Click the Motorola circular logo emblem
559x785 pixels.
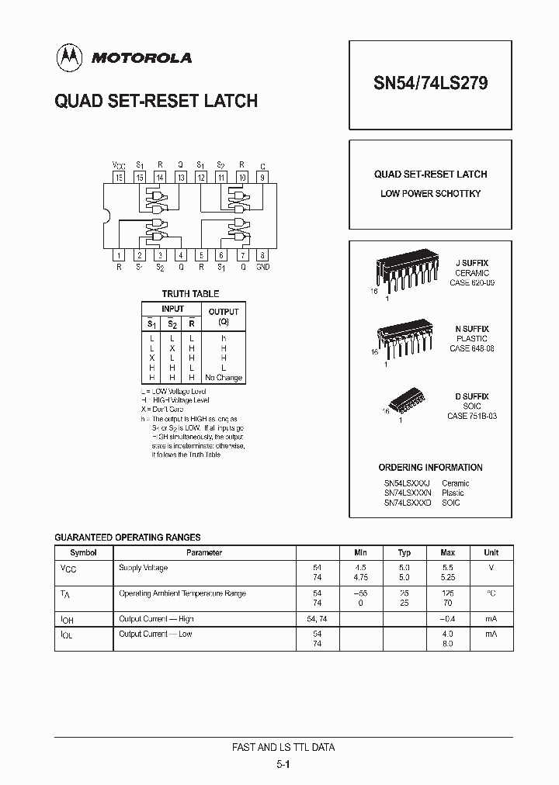pyautogui.click(x=69, y=56)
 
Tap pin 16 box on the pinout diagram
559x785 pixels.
pyautogui.click(x=119, y=177)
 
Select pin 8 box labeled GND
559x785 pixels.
pyautogui.click(x=262, y=254)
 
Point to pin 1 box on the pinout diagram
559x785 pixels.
pyautogui.click(x=119, y=254)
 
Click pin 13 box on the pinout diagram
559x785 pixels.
pyautogui.click(x=180, y=177)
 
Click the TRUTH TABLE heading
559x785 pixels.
pyautogui.click(x=190, y=294)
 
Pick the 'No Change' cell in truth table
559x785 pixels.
pyautogui.click(x=224, y=378)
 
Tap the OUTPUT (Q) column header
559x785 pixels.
pyautogui.click(x=224, y=316)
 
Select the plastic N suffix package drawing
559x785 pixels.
pyautogui.click(x=404, y=339)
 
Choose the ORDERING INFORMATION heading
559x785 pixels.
pyautogui.click(x=430, y=468)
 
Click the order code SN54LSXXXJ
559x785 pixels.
pyautogui.click(x=407, y=483)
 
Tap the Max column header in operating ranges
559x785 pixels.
pyautogui.click(x=447, y=553)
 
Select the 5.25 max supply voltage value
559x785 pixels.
pyautogui.click(x=447, y=578)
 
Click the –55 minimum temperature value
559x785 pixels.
pyautogui.click(x=360, y=593)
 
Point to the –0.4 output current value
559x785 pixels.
pyautogui.click(x=447, y=619)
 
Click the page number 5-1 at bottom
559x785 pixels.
pyautogui.click(x=283, y=765)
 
